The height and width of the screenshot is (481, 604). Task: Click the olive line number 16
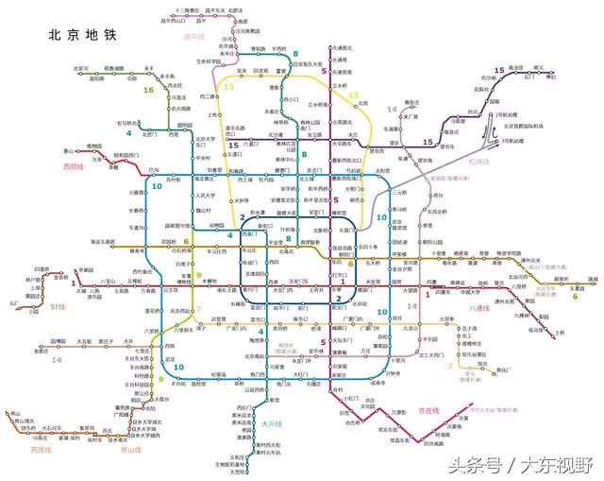tap(148, 90)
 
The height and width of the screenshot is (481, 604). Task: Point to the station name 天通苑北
tap(341, 47)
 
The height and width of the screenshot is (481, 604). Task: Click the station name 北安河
tap(81, 68)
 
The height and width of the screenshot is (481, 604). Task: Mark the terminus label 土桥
tap(560, 333)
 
